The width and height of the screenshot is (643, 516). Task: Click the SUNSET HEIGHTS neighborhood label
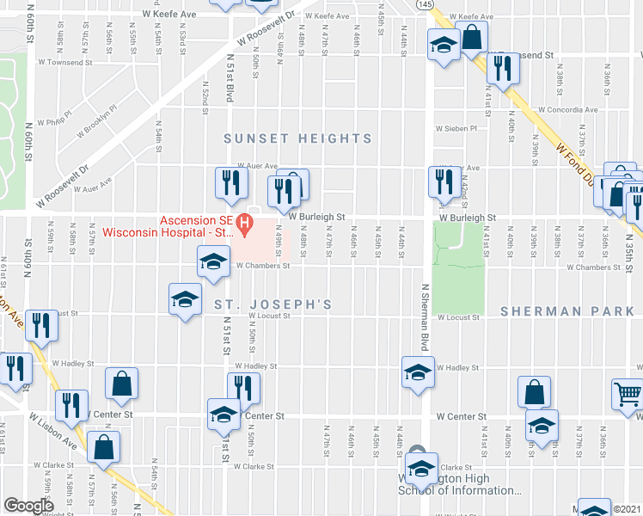(x=298, y=138)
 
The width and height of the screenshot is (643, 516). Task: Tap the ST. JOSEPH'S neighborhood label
(x=273, y=305)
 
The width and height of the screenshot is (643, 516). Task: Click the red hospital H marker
(x=245, y=226)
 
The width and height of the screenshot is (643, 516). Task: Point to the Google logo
(x=28, y=506)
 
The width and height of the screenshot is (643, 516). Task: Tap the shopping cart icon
(x=628, y=395)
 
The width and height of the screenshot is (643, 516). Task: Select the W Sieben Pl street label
(x=468, y=128)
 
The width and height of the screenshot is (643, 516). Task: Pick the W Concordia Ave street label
(x=567, y=110)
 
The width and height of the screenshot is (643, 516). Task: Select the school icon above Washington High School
(x=421, y=469)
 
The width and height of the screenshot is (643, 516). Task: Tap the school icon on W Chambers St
(x=213, y=261)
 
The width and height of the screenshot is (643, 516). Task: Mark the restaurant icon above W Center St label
(x=243, y=388)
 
